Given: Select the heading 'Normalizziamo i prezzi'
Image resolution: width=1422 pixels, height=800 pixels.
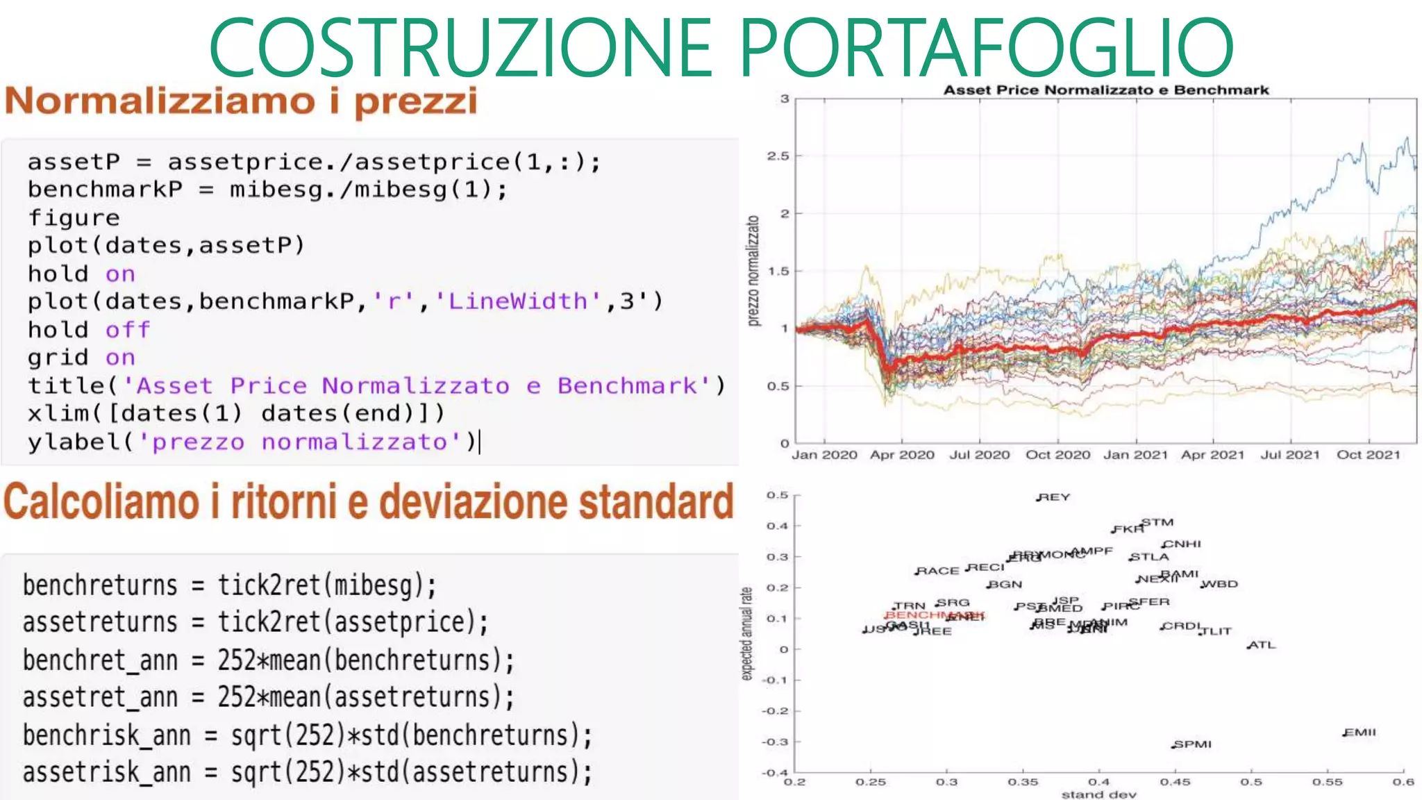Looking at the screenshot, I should pyautogui.click(x=241, y=101).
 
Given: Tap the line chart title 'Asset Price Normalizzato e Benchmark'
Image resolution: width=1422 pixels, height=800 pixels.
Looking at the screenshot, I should pyautogui.click(x=1105, y=90).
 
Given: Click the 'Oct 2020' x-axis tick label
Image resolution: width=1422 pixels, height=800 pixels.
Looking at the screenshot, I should pyautogui.click(x=1057, y=455).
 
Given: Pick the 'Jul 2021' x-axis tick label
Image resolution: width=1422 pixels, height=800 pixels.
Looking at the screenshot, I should pyautogui.click(x=1290, y=455).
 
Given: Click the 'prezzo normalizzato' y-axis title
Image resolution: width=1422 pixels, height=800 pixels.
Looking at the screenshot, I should pyautogui.click(x=753, y=271).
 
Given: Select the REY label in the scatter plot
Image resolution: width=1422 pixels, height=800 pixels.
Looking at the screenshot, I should pyautogui.click(x=1055, y=497).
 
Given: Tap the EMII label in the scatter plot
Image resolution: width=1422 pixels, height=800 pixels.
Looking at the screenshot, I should pyautogui.click(x=1360, y=732).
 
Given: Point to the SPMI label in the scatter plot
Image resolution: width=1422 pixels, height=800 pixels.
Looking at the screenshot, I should pyautogui.click(x=1194, y=744).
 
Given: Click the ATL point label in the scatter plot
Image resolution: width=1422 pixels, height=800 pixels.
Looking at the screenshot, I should pyautogui.click(x=1262, y=645).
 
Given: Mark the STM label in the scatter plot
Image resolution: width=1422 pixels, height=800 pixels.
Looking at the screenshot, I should pyautogui.click(x=1157, y=522).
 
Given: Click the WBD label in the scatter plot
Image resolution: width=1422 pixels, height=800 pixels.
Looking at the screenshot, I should pyautogui.click(x=1220, y=584).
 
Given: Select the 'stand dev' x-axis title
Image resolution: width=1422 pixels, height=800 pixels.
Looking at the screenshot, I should pyautogui.click(x=1098, y=794).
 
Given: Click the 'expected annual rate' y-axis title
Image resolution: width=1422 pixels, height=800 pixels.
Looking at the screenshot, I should pyautogui.click(x=746, y=633).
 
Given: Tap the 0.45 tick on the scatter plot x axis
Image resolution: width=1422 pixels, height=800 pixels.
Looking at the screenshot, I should pyautogui.click(x=1175, y=782).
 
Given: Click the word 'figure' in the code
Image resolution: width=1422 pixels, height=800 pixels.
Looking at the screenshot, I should pyautogui.click(x=74, y=218).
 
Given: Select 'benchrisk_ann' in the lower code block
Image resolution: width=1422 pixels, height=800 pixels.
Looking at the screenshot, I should pyautogui.click(x=106, y=735).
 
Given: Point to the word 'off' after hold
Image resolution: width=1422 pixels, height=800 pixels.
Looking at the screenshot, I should pyautogui.click(x=128, y=330).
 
